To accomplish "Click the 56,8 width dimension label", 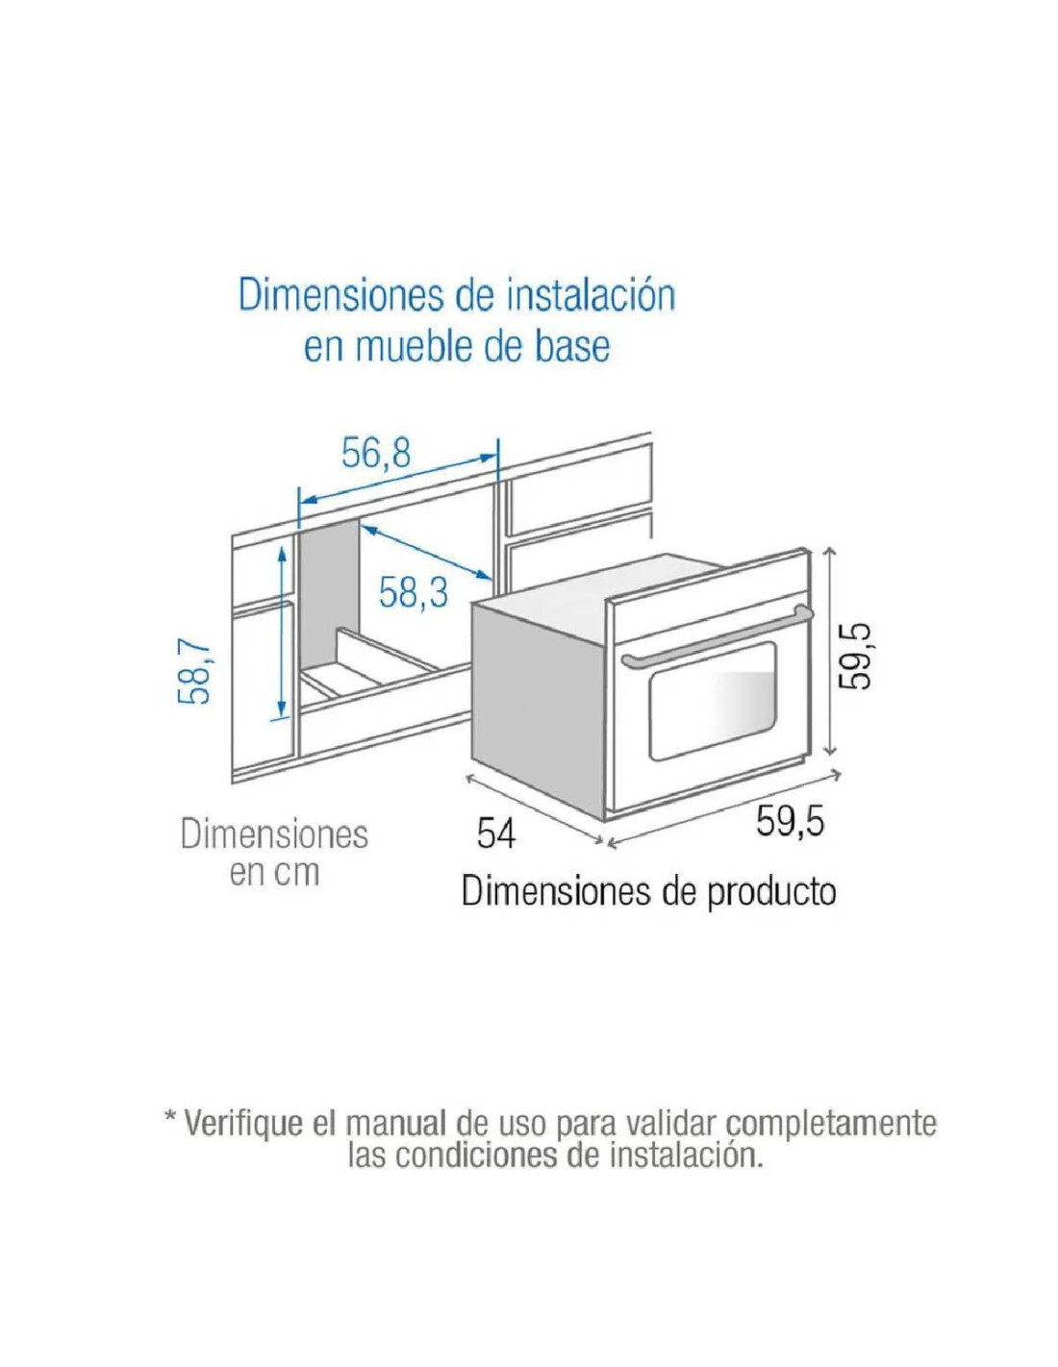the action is click(x=375, y=453).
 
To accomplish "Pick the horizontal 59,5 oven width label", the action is click(x=790, y=822).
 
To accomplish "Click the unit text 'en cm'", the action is click(x=274, y=874).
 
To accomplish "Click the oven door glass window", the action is click(x=712, y=699).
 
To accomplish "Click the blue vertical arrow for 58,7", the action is click(x=283, y=632).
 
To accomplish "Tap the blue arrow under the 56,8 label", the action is click(x=397, y=480).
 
